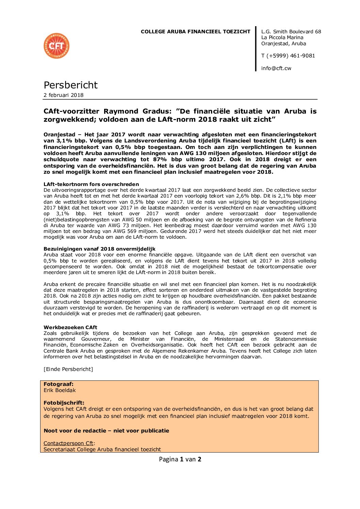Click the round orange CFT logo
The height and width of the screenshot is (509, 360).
coord(56,46)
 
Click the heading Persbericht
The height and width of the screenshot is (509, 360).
coord(70,85)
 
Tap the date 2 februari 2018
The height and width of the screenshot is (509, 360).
coord(63,95)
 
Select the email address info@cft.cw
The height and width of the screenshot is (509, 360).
coord(276,68)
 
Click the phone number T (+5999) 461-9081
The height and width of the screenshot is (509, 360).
coord(288,56)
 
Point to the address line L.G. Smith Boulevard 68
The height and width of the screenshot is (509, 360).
coord(291,32)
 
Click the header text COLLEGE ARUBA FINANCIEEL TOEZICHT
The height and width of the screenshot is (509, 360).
coord(195,32)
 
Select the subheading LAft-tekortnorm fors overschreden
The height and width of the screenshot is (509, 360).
coord(91,184)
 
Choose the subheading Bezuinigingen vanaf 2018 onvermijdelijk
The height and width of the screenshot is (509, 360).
coord(99,249)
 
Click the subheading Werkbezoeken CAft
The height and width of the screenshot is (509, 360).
coord(70,327)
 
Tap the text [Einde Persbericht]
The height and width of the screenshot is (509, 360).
coord(68,369)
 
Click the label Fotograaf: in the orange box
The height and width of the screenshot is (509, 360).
coord(59,384)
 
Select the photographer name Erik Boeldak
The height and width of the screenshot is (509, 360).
coord(60,390)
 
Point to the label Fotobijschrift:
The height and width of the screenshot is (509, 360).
coord(64,403)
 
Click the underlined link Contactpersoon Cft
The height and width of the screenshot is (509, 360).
coord(68,443)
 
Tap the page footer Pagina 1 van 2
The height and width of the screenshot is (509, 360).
coord(180,459)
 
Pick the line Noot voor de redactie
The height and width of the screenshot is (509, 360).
coord(106,431)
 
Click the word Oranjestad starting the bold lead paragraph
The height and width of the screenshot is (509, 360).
coord(59,135)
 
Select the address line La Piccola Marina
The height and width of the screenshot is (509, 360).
coord(282,38)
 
